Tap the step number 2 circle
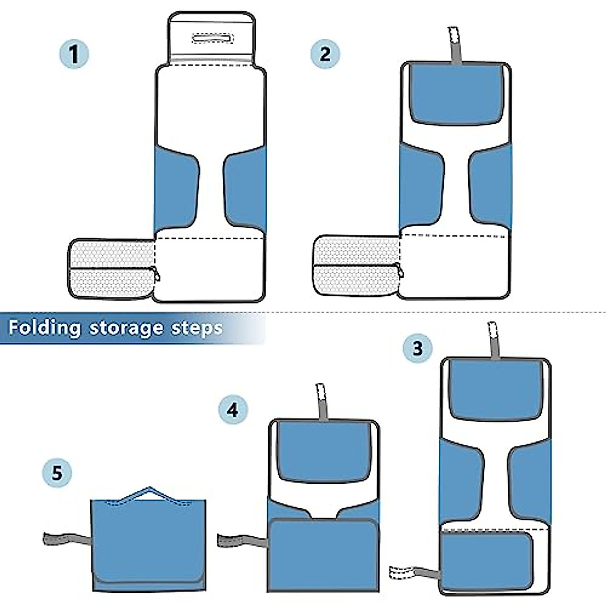pos(325,54)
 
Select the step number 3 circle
pos(417,348)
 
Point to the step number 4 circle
pos(233,410)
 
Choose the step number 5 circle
pos(57,473)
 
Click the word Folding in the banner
pos(44,328)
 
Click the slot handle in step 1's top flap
pos(212,39)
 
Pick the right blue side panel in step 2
pos(490,189)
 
